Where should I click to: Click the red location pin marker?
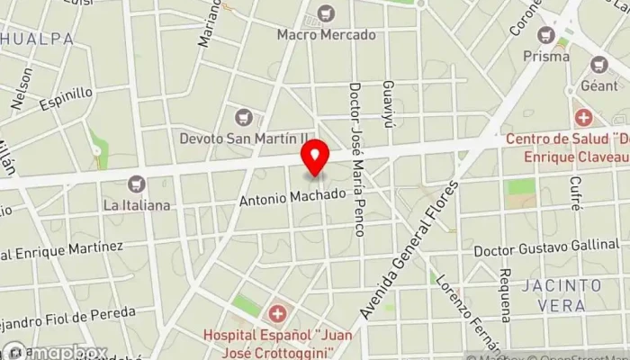[315, 159]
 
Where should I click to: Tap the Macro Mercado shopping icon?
[325, 13]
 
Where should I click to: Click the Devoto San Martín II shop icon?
[243, 116]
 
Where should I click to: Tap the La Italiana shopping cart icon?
[136, 184]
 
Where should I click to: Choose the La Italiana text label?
[137, 205]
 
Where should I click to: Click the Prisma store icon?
[545, 35]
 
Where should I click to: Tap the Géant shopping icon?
[599, 64]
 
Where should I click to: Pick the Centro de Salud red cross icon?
[584, 118]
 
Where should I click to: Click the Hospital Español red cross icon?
[278, 314]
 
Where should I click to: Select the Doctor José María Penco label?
[356, 159]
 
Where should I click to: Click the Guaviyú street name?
[388, 104]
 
